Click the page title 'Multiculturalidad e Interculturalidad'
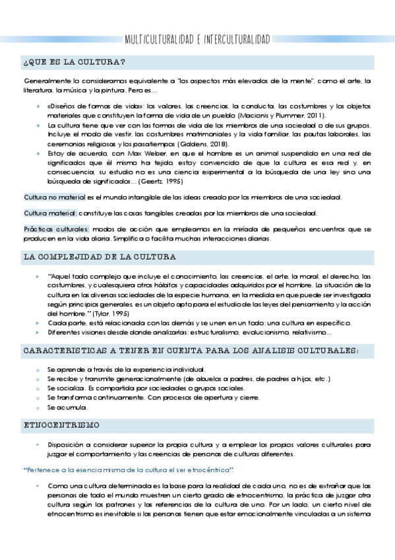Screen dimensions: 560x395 click(197, 39)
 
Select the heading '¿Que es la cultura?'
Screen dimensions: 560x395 click(74, 63)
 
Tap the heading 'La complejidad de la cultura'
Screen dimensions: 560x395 click(99, 256)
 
